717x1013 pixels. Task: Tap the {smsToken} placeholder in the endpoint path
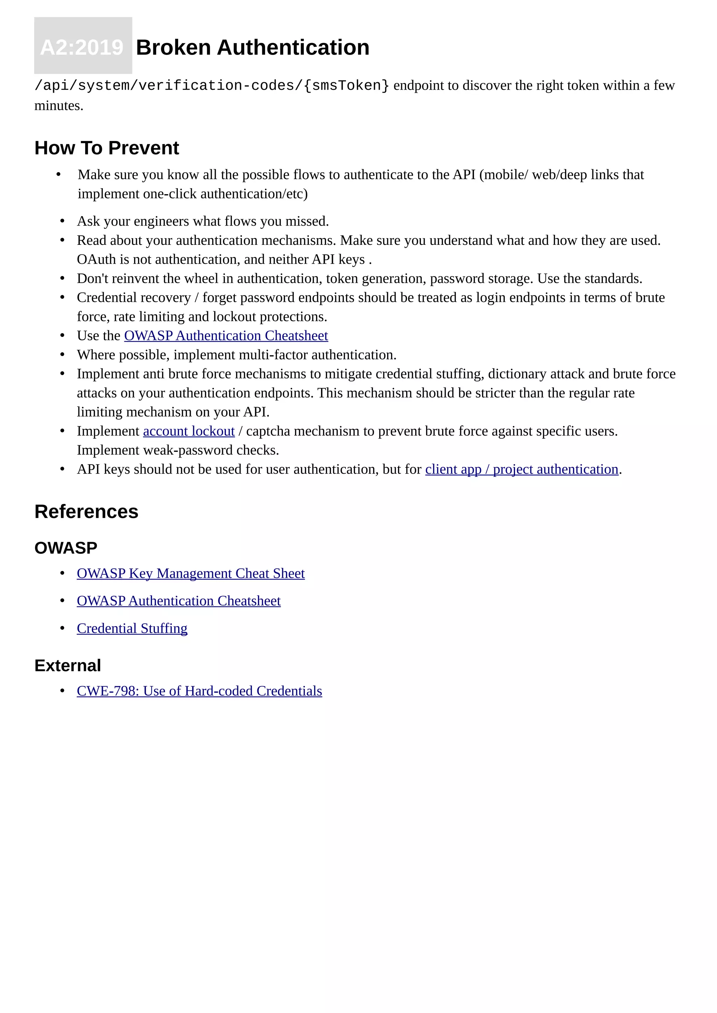point(346,86)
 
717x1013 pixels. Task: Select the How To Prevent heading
point(106,148)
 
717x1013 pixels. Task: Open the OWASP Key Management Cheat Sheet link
point(190,574)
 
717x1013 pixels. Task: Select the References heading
point(86,512)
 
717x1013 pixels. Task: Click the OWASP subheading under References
point(66,548)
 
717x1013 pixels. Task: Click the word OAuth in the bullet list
point(96,260)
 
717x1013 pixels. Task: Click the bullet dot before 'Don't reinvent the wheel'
point(62,278)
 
